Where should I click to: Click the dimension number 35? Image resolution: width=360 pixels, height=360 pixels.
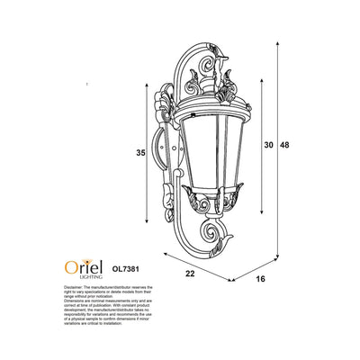[x=141, y=153]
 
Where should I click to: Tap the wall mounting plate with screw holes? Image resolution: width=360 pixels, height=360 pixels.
[x=164, y=144]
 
